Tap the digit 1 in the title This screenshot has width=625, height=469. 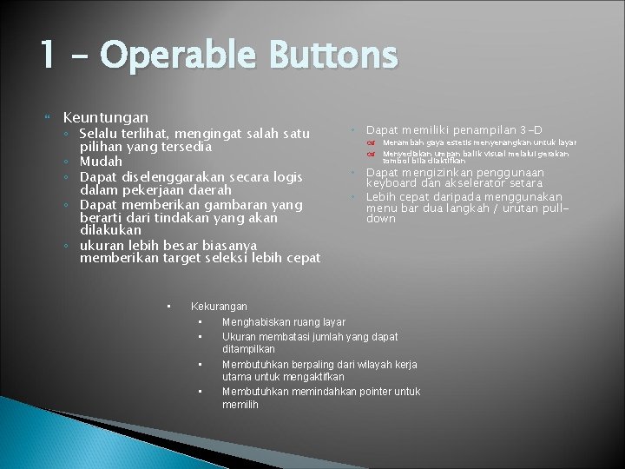click(48, 57)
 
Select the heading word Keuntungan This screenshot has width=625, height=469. click(106, 116)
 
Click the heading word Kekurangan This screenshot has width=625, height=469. click(219, 307)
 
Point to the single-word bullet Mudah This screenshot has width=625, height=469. click(101, 162)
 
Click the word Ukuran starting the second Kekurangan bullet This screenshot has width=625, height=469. click(240, 337)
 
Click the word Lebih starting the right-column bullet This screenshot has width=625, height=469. click(382, 197)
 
